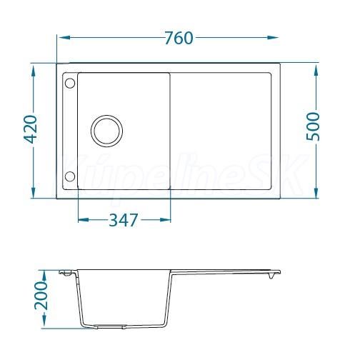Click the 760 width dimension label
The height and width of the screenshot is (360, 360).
(179, 38)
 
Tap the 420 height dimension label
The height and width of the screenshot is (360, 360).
(31, 129)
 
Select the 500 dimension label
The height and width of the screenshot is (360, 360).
(313, 126)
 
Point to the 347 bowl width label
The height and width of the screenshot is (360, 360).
(124, 220)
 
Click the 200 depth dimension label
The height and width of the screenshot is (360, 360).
(41, 296)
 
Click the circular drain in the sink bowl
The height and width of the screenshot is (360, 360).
(106, 131)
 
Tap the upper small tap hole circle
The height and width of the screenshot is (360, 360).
(70, 84)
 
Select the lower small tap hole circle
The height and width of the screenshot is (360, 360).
(70, 176)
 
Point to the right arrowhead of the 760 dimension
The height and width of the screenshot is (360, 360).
(272, 37)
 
